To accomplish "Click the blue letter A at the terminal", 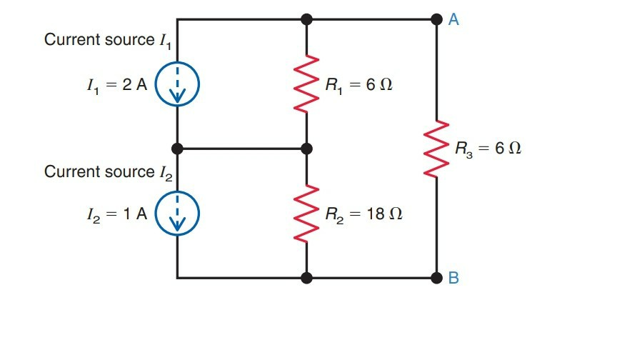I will point(453,20).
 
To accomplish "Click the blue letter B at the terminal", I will point(453,279).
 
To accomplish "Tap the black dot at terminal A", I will point(436,19).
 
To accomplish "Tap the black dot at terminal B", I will point(436,278).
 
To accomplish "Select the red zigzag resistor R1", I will point(307,84).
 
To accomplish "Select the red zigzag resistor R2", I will point(307,212).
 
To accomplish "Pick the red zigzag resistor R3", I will point(436,149).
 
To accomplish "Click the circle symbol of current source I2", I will point(177,213).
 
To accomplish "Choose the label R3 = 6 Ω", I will point(488,149).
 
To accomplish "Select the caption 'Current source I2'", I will point(108,172).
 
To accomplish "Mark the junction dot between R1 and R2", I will point(307,149).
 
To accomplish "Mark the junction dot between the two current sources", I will point(177,149).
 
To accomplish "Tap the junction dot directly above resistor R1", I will point(307,19).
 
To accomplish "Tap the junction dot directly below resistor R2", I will point(307,278).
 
